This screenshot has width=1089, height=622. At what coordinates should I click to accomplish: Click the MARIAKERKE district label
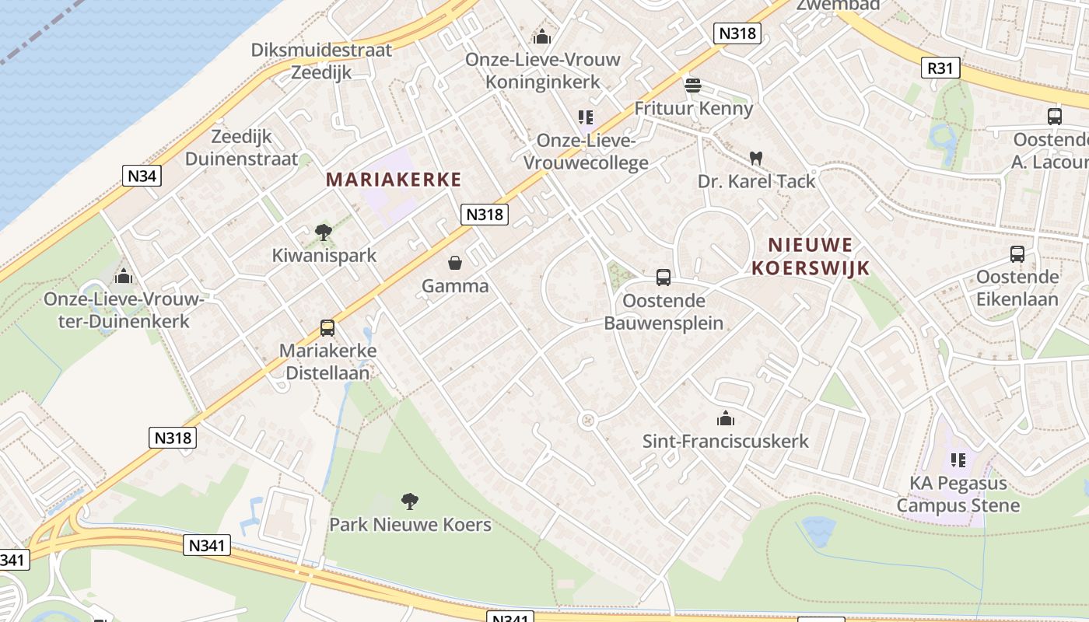tap(394, 180)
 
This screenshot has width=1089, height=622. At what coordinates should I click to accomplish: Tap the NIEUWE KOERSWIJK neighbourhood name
tap(811, 257)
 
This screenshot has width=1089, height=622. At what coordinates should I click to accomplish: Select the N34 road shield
tap(142, 176)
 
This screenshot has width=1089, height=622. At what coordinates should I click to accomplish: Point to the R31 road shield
tap(940, 68)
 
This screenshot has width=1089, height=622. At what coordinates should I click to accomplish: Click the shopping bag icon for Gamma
tap(455, 263)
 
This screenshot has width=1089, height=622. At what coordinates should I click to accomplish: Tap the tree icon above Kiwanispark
tap(324, 232)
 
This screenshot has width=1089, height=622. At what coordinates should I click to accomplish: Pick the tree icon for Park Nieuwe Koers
tap(410, 501)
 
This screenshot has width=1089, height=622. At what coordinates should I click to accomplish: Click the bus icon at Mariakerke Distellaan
tap(327, 328)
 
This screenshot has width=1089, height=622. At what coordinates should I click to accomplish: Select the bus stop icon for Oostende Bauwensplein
tap(664, 278)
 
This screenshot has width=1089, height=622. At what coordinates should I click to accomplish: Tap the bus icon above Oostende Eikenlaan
tap(1017, 254)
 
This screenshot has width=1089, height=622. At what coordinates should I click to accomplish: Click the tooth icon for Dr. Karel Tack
tap(755, 158)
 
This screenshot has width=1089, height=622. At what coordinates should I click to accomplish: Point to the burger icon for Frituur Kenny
tap(693, 85)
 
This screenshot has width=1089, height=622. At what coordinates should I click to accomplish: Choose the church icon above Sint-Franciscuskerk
tap(726, 418)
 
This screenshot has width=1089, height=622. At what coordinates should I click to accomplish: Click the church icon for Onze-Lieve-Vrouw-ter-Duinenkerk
tap(124, 276)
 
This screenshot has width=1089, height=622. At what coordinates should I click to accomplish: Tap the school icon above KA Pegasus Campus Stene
tap(958, 460)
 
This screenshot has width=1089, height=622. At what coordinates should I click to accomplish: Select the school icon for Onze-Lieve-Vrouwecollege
tap(586, 117)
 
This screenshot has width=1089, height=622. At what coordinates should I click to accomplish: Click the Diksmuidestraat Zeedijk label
tap(321, 61)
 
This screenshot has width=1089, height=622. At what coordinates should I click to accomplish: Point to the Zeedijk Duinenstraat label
tap(242, 148)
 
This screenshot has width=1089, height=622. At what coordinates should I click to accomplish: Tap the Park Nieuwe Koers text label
tap(410, 525)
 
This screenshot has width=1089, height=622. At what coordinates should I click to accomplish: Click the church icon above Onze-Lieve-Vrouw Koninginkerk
tap(542, 37)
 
